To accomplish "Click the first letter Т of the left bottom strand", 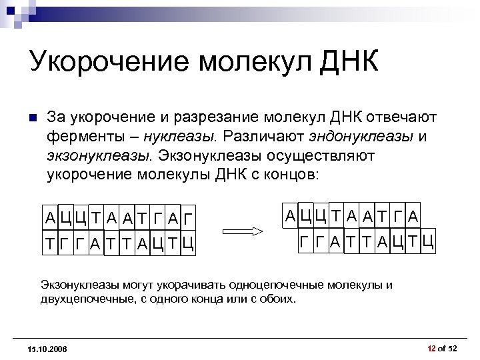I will (x=50, y=243).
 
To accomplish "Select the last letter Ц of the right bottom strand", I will (x=428, y=241).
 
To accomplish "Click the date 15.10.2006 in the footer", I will (x=47, y=349).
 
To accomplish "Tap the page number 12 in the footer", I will (x=431, y=349).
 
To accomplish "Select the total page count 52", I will (x=453, y=349).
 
